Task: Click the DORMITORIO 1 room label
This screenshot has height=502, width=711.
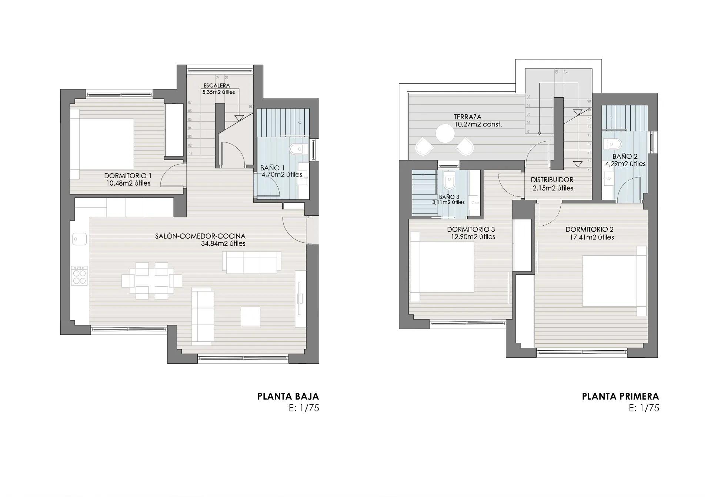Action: (x=127, y=176)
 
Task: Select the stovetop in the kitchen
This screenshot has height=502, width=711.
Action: (x=79, y=276)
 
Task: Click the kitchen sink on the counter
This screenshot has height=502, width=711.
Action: (x=79, y=239)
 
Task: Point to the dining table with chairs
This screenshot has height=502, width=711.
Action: (x=152, y=281)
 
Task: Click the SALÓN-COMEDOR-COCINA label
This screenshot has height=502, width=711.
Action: (x=200, y=236)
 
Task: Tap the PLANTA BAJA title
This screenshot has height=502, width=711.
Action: (x=288, y=397)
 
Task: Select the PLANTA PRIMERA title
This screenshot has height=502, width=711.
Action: (x=620, y=397)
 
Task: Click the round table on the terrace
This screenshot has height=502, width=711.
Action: (x=445, y=134)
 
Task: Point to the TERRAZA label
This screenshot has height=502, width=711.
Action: (x=467, y=117)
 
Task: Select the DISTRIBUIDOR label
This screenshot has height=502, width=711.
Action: (x=552, y=180)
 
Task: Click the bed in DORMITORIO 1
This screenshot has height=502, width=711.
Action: (x=104, y=144)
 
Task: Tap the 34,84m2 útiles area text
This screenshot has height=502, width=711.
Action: (x=223, y=244)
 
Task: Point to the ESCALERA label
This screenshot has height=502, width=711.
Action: (x=217, y=85)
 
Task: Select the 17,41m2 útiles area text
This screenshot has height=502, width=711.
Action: (x=592, y=237)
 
